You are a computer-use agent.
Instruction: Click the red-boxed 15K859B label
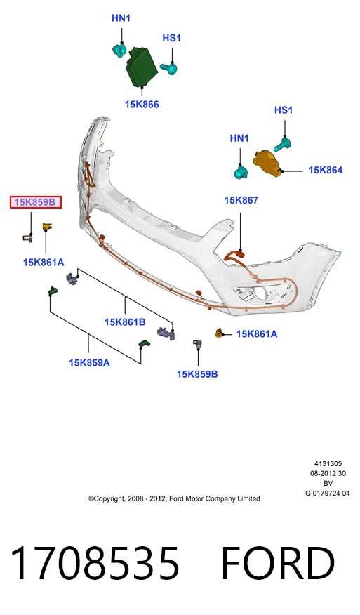[x=36, y=202]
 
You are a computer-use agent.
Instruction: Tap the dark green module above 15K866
[x=142, y=66]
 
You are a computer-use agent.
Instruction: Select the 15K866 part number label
[x=142, y=105]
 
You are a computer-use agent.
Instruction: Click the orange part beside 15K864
[x=267, y=161]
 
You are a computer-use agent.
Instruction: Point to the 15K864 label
[x=325, y=170]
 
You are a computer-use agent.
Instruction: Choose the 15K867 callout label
[x=241, y=200]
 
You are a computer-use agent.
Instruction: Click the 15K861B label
[x=125, y=322]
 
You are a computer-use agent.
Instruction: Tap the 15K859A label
[x=89, y=363]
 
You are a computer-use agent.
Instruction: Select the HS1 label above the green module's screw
[x=172, y=38]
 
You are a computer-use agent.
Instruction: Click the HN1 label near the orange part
[x=239, y=138]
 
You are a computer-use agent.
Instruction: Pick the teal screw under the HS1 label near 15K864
[x=282, y=144]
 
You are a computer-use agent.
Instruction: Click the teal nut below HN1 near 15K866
[x=119, y=51]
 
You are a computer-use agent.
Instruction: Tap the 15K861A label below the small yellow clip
[x=44, y=263]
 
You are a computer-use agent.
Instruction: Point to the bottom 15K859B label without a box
[x=197, y=374]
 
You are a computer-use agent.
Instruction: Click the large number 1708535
[x=95, y=563]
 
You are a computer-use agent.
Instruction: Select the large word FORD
[x=278, y=563]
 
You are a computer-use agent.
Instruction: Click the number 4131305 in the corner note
[x=328, y=463]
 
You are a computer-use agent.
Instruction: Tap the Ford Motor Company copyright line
[x=174, y=499]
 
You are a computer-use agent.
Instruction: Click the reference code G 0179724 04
[x=328, y=494]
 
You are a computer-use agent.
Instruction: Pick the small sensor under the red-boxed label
[x=28, y=237]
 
